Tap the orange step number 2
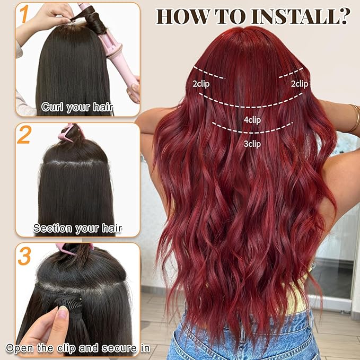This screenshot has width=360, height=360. click(24, 136)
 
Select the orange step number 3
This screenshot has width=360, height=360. click(24, 256)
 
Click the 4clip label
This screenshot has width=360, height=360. click(252, 120)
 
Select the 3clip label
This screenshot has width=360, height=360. click(252, 143)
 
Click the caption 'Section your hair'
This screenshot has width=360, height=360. click(77, 229)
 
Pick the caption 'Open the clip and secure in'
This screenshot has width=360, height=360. click(77, 348)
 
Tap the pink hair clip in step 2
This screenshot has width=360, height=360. click(72, 133)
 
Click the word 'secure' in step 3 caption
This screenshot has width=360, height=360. click(107, 348)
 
